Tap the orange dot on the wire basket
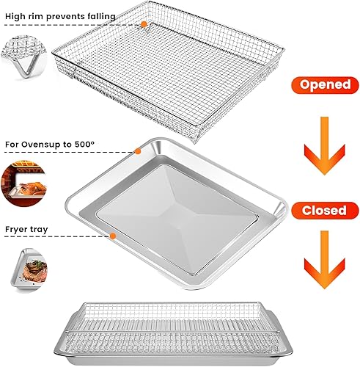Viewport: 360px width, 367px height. [x=144, y=23]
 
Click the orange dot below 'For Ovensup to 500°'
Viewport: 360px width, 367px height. [x=137, y=152]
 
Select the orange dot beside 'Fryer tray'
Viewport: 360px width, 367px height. [x=113, y=236]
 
